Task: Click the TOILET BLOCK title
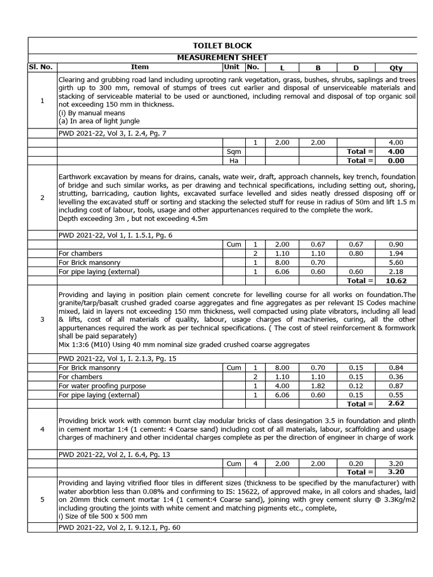[222, 46]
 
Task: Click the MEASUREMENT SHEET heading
[222, 57]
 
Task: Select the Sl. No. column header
[41, 67]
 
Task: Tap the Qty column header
[396, 67]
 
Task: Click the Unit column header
[232, 67]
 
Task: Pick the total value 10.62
[396, 281]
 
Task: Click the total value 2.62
[396, 404]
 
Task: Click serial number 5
[42, 499]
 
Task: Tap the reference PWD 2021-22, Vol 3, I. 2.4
[112, 134]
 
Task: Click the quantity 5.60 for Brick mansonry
[396, 263]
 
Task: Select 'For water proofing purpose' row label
[102, 386]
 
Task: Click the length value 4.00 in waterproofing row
[282, 386]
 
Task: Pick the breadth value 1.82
[317, 386]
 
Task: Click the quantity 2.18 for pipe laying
[396, 272]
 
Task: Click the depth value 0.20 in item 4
[356, 464]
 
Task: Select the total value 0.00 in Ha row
[396, 161]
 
